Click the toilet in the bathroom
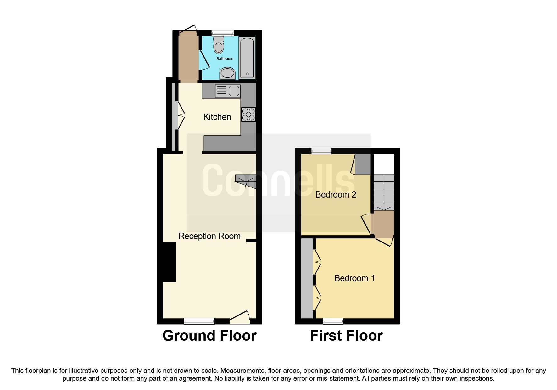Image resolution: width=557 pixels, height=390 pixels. coord(219,46)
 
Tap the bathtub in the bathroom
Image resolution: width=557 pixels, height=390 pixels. coord(247,58)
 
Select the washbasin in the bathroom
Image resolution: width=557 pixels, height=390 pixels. coord(227,73)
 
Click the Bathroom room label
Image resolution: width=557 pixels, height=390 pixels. coord(225,59)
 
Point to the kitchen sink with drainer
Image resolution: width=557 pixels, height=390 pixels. coord(228,91)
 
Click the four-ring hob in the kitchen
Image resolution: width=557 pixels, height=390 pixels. coord(248,114)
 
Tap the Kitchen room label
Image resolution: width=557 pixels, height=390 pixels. coord(217,117)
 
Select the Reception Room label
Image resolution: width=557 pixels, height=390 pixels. coord(209,236)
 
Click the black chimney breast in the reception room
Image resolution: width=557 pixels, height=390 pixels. coord(170,262)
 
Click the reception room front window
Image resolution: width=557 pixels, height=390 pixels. coord(199,321)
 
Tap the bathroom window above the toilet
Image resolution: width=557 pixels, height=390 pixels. coord(223,33)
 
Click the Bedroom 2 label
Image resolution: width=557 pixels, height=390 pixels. coord(336,195)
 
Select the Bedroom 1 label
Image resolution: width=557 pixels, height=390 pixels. coord(354,278)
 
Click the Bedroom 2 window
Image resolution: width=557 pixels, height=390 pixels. coord(321,151)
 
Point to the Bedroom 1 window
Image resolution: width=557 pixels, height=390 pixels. coord(333,321)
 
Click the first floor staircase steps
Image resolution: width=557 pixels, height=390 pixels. coord(384,192)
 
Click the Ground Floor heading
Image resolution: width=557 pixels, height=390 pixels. coord(209,336)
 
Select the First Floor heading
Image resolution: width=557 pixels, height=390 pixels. coord(346,336)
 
